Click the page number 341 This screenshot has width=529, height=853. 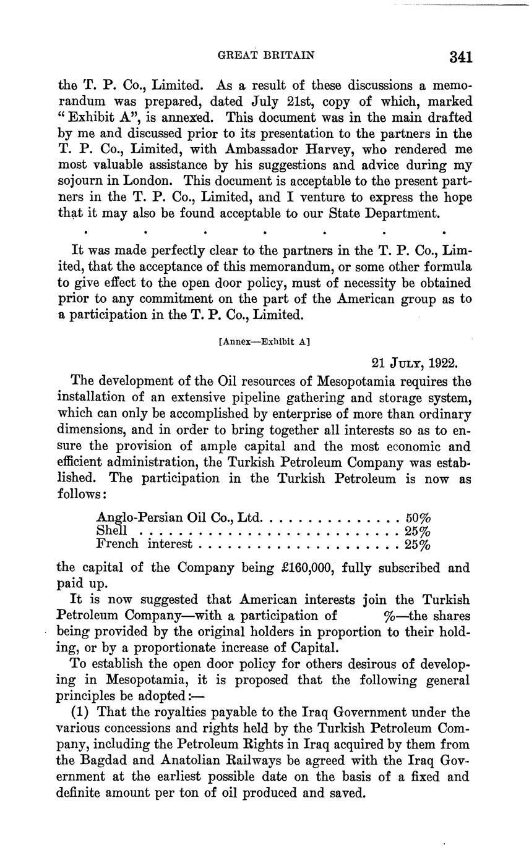[461, 57]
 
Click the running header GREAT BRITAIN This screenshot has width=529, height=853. [267, 55]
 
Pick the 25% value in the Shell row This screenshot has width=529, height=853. [418, 530]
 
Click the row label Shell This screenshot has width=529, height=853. [112, 530]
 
